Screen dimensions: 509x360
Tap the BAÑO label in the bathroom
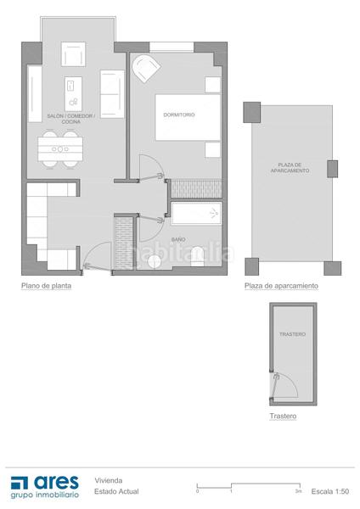click(178, 240)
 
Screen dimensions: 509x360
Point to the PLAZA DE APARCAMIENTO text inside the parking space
click(290, 167)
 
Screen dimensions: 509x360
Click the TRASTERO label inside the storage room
click(292, 334)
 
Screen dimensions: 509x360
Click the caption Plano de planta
click(46, 286)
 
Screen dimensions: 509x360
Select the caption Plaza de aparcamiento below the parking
click(281, 286)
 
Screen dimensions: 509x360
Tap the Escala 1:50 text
click(330, 490)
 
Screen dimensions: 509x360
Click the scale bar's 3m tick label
click(297, 491)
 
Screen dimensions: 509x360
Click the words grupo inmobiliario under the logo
click(45, 494)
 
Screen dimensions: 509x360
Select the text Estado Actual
click(116, 490)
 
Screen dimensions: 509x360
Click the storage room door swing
click(283, 386)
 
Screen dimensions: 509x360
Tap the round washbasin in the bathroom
click(154, 261)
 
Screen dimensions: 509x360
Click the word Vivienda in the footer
click(108, 478)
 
